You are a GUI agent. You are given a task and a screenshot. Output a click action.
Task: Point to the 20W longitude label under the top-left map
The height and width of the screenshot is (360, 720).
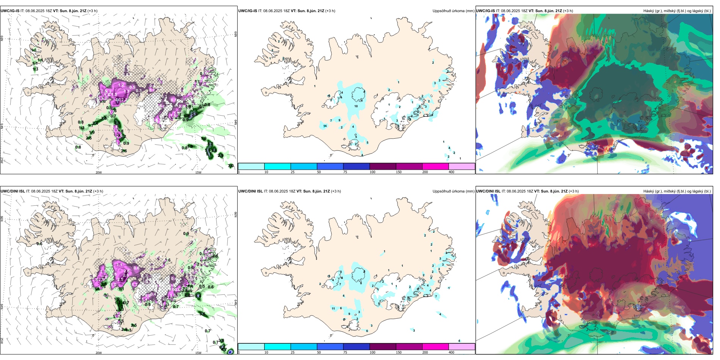99,172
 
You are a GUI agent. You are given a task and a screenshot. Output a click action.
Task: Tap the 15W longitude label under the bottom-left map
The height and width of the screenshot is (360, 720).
198,353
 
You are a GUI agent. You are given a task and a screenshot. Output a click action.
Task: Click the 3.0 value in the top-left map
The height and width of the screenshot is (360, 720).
231,166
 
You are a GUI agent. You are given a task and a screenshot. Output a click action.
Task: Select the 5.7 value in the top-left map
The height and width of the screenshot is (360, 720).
208,154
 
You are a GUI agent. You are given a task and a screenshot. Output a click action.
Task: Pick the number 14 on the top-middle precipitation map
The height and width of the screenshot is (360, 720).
325,126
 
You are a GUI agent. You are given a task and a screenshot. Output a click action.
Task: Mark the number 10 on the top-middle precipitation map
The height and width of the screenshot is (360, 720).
356,106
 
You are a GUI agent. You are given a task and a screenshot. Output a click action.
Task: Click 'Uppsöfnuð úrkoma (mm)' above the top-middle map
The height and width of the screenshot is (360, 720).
453,11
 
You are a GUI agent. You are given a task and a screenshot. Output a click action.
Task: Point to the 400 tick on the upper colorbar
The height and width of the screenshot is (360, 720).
451,172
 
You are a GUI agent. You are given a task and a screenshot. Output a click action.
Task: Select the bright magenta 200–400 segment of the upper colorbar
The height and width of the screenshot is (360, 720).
435,166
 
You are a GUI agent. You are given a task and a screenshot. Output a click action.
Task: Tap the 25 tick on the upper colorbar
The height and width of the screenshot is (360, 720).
293,172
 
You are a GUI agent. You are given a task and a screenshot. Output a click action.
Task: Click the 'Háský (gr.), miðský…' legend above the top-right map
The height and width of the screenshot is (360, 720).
677,11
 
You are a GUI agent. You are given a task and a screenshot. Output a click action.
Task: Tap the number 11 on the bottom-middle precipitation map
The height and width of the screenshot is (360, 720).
333,308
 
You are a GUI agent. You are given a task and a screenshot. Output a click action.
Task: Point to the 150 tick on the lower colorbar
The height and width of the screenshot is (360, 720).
399,352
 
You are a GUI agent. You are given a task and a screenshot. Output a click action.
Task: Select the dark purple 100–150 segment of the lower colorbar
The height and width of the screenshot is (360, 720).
383,347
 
